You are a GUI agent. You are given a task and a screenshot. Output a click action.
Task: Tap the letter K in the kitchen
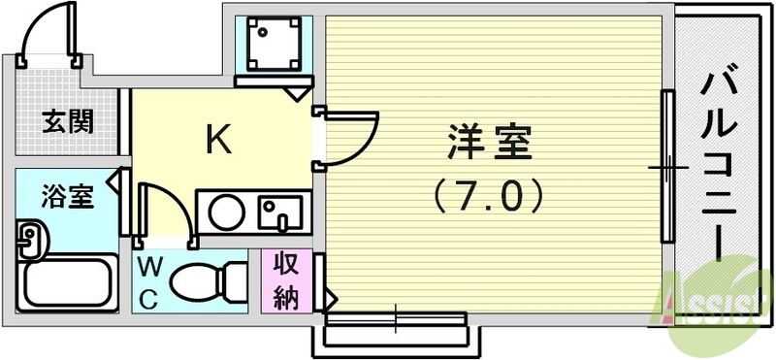(x=218, y=142)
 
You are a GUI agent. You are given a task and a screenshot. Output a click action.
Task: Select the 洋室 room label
(x=490, y=145)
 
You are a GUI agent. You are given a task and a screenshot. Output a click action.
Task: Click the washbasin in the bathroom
(x=32, y=238)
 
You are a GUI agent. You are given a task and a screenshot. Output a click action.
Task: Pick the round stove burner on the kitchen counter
(x=229, y=211)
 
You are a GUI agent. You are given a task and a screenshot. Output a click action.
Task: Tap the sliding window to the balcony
(x=667, y=167)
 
